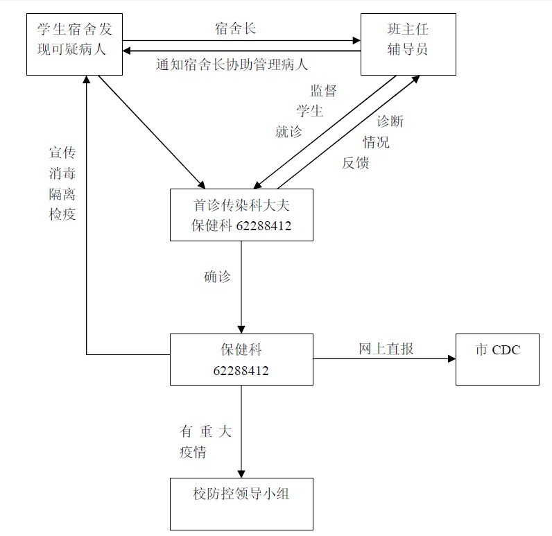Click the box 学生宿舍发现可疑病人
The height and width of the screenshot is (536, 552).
(x=75, y=44)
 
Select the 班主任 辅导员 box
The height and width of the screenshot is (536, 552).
(x=408, y=44)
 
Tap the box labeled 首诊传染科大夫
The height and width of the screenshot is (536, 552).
(x=241, y=214)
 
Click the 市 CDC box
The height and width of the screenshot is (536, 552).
(x=497, y=358)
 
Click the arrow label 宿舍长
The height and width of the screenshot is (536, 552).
(x=236, y=29)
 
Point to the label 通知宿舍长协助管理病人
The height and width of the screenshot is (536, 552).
(x=232, y=65)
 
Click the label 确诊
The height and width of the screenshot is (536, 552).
(x=217, y=276)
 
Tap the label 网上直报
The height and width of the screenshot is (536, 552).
(x=386, y=349)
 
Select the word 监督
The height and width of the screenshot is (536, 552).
(x=324, y=91)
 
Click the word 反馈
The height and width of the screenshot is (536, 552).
(x=356, y=163)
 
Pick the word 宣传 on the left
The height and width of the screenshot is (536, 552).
(x=62, y=153)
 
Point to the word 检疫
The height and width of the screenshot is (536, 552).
(x=62, y=214)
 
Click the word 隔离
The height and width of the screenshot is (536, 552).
(x=62, y=193)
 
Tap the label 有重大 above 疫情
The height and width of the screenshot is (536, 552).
(x=205, y=431)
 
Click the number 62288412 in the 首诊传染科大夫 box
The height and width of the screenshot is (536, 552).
(x=264, y=226)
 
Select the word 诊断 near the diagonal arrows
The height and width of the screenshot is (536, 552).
(x=390, y=121)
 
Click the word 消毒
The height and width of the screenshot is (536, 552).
(x=62, y=173)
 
